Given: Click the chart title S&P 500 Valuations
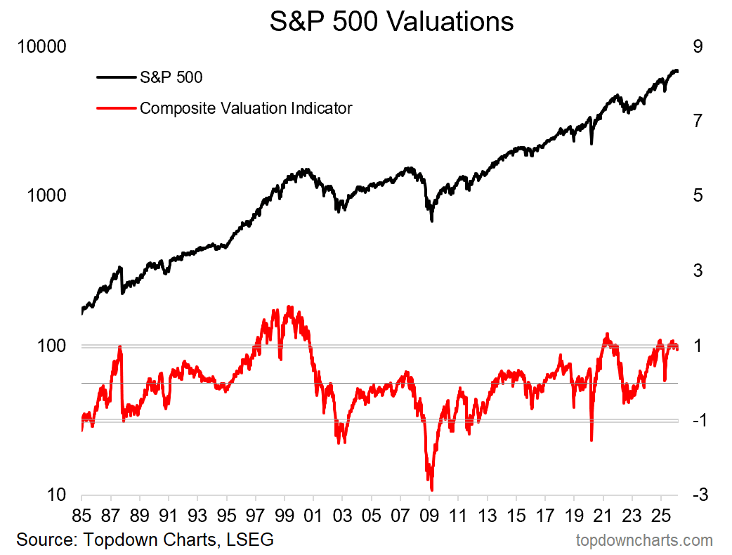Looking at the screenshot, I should [x=391, y=21].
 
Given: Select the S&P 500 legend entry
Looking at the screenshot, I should [x=171, y=77].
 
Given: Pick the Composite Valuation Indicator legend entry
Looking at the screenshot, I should [x=246, y=108].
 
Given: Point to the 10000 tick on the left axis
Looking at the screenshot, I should [x=41, y=47].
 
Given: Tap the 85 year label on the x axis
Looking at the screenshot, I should [x=81, y=514].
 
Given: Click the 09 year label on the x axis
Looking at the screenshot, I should [x=429, y=514].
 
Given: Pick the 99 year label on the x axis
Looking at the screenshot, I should [x=285, y=514].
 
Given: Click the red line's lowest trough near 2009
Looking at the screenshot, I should [x=431, y=490].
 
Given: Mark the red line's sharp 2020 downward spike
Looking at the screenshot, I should [x=592, y=440].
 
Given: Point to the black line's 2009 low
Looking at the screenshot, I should [x=431, y=221].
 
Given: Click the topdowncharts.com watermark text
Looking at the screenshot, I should [x=643, y=540].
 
